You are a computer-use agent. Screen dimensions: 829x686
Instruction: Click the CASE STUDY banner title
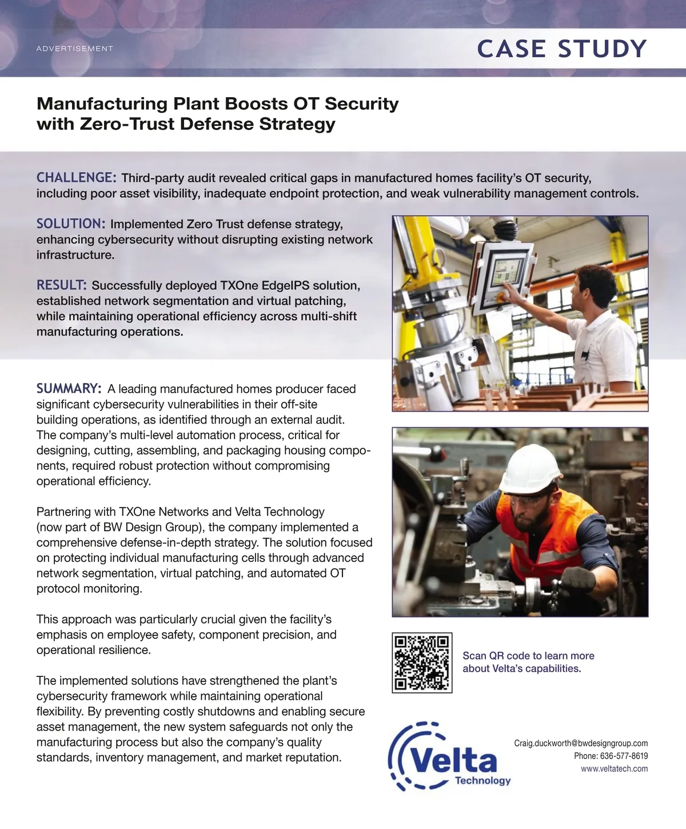561,49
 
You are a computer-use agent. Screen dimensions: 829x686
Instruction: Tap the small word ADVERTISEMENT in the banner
75,49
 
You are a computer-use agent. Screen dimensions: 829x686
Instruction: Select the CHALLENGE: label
77,178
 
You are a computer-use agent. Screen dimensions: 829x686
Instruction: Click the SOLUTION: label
71,224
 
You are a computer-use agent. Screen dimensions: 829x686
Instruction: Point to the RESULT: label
62,285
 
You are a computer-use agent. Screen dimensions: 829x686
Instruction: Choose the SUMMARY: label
69,389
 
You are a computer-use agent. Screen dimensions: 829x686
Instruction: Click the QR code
422,663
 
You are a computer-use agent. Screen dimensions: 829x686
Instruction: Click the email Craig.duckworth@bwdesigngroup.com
581,743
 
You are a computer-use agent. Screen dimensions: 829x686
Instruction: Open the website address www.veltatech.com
614,769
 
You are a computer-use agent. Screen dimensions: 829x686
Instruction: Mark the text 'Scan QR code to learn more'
528,656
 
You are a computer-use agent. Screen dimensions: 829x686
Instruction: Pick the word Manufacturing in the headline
102,104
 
